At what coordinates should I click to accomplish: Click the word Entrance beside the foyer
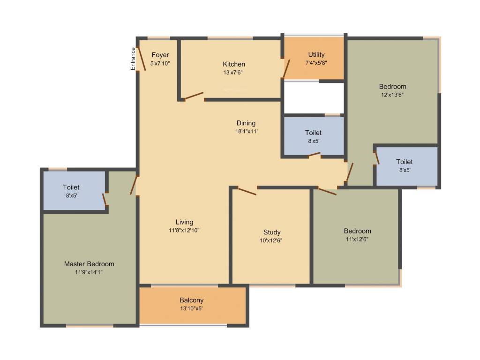pos(133,59)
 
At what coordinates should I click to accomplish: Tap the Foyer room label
pos(160,55)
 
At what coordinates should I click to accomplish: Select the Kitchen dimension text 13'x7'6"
pos(233,73)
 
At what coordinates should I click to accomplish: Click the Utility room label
pos(316,55)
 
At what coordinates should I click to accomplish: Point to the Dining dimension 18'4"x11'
pos(247,132)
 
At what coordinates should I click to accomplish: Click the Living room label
pos(184,222)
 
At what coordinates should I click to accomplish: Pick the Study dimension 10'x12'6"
pos(272,240)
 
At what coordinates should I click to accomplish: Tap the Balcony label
pos(191,300)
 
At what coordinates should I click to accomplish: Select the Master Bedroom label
pos(89,264)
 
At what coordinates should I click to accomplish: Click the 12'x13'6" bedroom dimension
pos(392,95)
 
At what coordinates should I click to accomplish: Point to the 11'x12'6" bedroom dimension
pos(357,239)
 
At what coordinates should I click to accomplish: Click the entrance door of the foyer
pos(142,59)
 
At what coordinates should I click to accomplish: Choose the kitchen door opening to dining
pos(194,96)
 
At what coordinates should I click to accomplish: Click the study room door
pos(247,191)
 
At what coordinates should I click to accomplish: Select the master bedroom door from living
pos(134,185)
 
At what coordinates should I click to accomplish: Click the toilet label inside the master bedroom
pos(71,187)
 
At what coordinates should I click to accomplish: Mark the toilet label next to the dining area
pos(313,133)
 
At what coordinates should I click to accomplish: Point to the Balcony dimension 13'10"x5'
pos(191,308)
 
